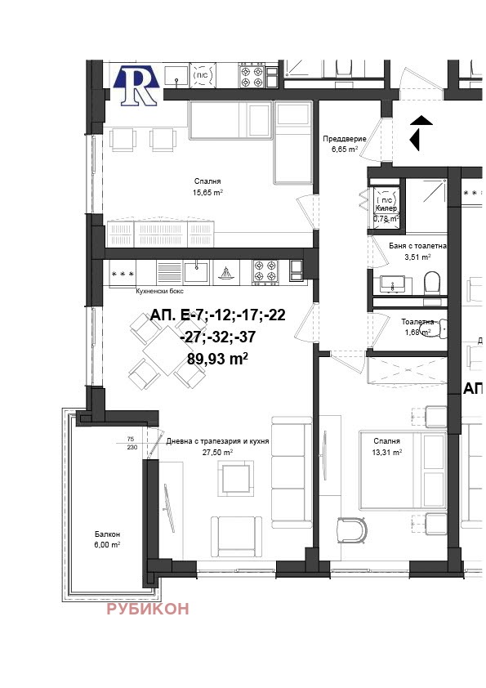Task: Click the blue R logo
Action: (136, 86)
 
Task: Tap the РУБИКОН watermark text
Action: (148, 609)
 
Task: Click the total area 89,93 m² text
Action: (217, 359)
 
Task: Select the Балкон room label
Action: (108, 534)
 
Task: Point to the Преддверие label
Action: (345, 139)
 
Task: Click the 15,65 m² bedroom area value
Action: (207, 192)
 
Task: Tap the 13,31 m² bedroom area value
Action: (387, 453)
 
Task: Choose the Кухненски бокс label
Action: (159, 292)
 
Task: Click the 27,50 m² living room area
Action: (217, 453)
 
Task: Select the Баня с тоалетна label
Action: (417, 246)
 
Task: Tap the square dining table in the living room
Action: (167, 351)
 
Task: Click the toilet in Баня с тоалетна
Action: (431, 283)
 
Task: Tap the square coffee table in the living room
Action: (236, 477)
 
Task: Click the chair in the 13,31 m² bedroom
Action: (352, 530)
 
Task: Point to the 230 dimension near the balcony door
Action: (132, 448)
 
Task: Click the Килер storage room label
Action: (386, 208)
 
